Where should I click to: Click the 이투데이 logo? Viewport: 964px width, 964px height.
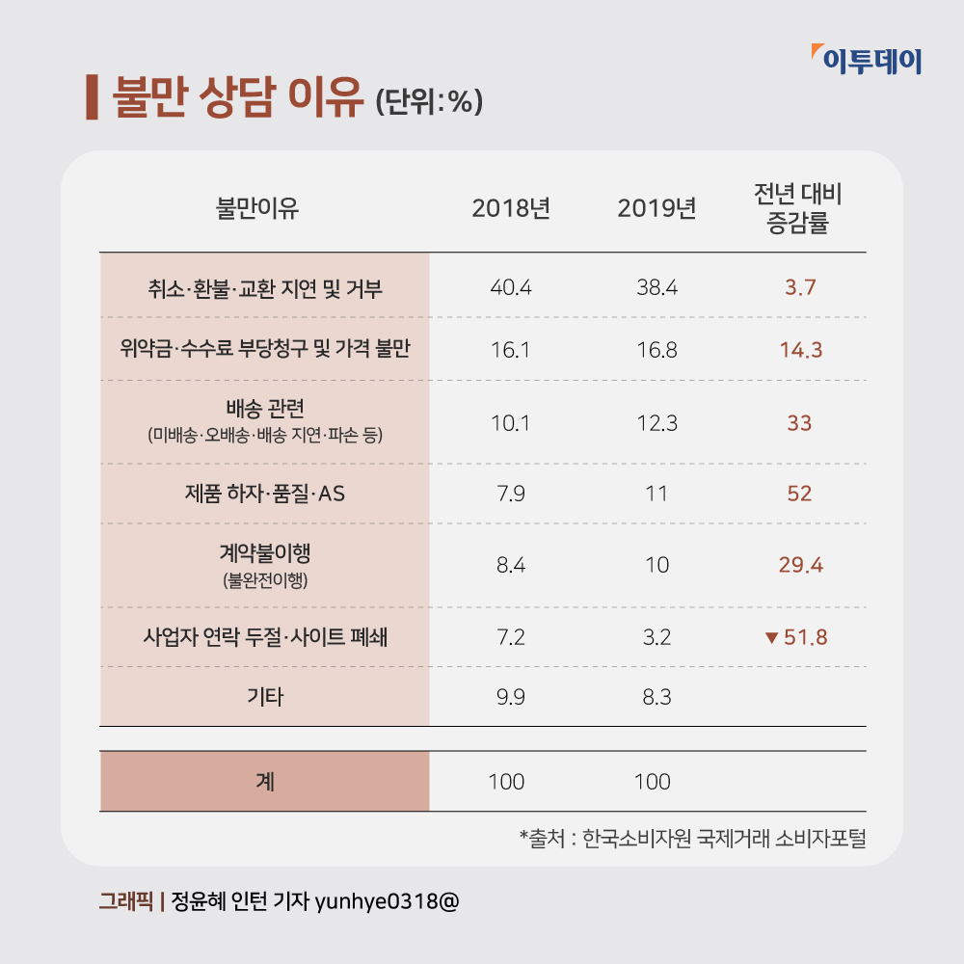point(867,61)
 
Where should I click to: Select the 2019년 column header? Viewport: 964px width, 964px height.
point(656,207)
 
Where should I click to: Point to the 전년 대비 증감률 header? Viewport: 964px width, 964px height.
point(798,207)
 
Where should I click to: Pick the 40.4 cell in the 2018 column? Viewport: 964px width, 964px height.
point(511,287)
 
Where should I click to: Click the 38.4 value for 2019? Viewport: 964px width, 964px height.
point(656,287)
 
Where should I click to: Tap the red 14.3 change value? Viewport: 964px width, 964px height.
point(800,350)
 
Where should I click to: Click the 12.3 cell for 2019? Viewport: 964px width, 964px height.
point(656,423)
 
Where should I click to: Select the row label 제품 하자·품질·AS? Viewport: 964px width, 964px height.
point(265,495)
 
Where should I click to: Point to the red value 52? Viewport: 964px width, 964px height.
point(799,495)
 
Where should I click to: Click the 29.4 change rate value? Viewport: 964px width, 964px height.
point(800,565)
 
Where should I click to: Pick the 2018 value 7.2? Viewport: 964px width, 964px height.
point(511,637)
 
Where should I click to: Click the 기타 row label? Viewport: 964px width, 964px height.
point(265,696)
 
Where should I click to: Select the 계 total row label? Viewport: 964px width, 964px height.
point(265,781)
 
